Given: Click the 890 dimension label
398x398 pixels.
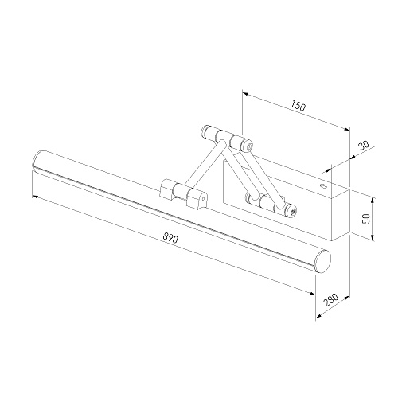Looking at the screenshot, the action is coord(170,238).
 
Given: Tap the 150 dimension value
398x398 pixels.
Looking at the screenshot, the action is coord(298,105).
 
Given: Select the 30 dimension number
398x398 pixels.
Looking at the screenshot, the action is coord(364,146).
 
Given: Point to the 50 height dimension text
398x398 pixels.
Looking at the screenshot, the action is coord(367,219).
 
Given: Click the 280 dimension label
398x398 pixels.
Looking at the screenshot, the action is coord(331,300).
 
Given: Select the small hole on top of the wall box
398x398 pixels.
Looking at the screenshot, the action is coord(323,185).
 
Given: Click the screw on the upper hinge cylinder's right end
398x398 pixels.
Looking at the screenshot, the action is coord(249,146).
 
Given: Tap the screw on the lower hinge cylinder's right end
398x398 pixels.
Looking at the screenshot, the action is coord(292,211).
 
